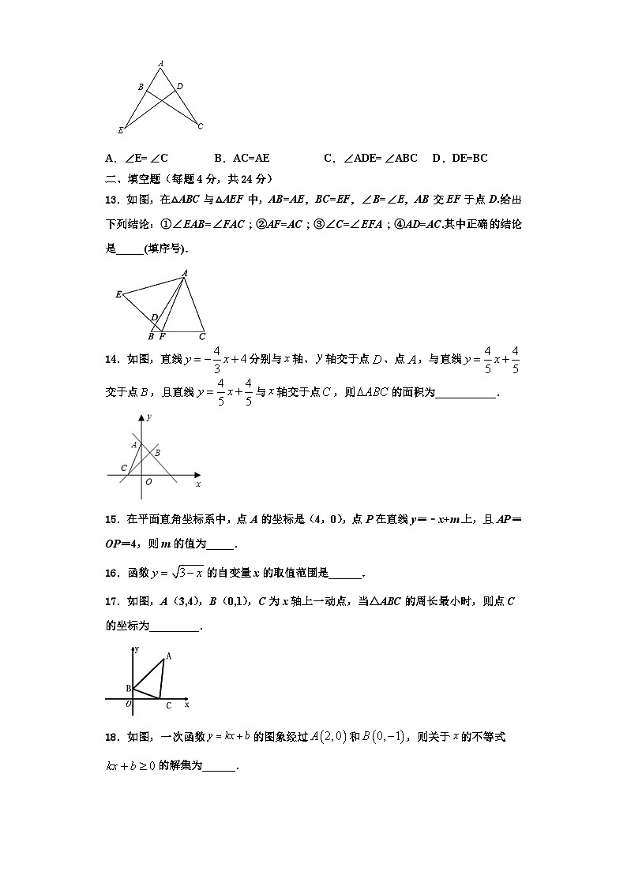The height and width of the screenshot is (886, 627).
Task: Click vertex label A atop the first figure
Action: (160, 63)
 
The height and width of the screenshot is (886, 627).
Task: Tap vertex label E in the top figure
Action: (120, 130)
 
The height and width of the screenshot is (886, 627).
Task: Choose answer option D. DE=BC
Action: (460, 158)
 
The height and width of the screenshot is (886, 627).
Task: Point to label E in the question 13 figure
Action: (118, 294)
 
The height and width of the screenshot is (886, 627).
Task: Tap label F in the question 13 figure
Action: (162, 336)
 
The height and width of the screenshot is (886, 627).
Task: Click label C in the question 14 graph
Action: (124, 468)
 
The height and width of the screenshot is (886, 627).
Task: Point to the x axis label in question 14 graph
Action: (197, 483)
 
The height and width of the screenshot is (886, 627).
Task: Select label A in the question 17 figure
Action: (169, 656)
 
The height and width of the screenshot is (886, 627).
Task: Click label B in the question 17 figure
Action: (128, 689)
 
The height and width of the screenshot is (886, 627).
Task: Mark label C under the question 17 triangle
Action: (168, 706)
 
